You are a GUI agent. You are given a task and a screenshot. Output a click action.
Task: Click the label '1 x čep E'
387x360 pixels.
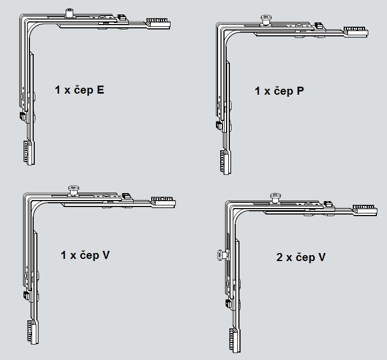point(79,90)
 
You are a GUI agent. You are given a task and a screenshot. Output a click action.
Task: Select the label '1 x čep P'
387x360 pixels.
point(279,91)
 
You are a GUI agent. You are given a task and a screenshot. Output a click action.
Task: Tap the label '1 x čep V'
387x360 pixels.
point(85,255)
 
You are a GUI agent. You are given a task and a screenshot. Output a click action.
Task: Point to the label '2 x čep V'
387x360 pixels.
point(301,257)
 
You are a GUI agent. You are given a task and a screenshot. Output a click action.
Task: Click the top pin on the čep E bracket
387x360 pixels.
point(69,13)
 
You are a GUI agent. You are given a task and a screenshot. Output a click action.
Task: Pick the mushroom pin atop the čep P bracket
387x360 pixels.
point(266,19)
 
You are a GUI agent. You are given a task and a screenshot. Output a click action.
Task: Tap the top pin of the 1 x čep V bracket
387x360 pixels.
point(73,190)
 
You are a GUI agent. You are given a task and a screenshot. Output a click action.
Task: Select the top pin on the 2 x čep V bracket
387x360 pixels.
point(275,198)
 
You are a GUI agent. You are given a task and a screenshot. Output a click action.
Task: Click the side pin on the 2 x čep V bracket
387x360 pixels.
point(222,255)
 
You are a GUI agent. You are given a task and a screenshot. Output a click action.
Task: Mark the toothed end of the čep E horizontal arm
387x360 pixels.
point(158,23)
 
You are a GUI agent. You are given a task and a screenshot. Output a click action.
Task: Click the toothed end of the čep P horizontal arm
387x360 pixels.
point(356,31)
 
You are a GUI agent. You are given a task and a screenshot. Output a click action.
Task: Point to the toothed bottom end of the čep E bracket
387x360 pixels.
point(29,152)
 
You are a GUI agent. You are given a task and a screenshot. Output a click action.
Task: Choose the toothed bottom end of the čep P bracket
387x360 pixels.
point(226,162)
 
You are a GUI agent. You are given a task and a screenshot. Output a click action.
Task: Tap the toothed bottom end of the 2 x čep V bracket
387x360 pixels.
point(235,340)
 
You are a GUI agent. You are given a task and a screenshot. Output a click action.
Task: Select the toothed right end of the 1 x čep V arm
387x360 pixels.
point(164,202)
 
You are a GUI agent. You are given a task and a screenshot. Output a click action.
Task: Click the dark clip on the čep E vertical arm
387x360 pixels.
point(22,116)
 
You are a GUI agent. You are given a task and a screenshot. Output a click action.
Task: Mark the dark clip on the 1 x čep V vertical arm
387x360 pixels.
point(26,295)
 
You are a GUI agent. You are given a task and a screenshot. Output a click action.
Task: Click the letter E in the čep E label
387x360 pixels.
point(100,90)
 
